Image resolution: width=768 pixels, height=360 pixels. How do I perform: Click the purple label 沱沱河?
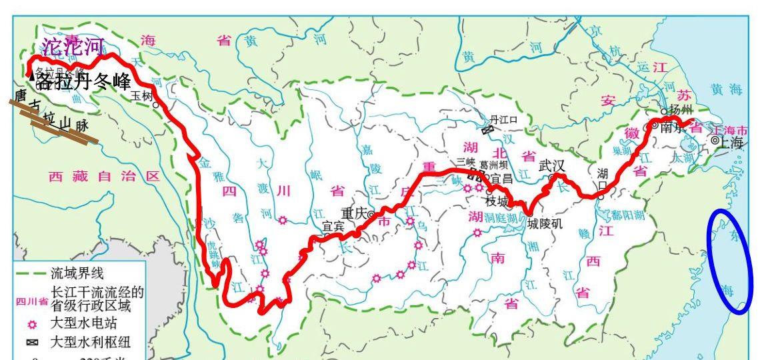(x=73, y=47)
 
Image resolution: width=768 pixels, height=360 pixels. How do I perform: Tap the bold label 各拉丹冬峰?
(x=83, y=82)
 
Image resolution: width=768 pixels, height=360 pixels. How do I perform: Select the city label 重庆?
(x=354, y=213)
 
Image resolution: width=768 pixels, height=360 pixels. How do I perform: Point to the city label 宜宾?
(x=333, y=226)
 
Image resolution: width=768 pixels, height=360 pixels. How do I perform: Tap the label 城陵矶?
(x=545, y=224)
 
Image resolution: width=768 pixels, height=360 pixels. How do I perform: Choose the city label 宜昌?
(x=502, y=179)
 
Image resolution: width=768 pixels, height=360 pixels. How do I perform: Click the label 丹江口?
(x=503, y=119)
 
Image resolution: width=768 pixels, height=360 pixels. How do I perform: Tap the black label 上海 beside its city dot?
(x=731, y=142)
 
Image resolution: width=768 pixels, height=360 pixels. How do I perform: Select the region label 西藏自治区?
(x=105, y=177)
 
